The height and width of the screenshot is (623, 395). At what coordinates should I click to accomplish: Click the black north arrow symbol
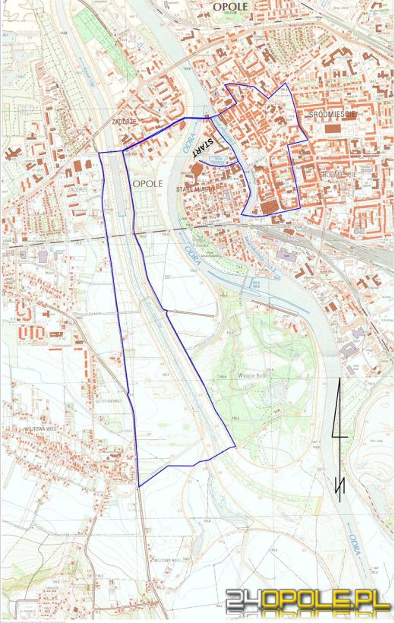[340, 441]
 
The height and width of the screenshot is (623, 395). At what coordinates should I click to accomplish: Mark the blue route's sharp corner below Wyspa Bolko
[234, 447]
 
